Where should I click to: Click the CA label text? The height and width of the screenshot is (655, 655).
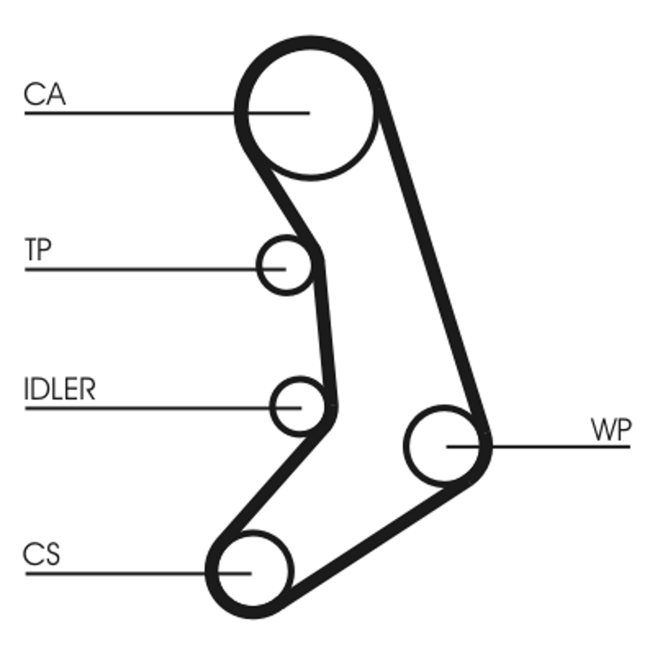click(44, 94)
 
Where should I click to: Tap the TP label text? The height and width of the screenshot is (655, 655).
click(38, 251)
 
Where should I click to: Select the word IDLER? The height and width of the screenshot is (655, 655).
click(60, 390)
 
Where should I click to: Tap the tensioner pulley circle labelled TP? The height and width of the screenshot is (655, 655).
click(284, 266)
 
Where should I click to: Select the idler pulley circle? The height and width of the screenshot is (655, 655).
click(298, 405)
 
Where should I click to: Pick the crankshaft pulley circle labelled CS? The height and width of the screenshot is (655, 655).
click(251, 571)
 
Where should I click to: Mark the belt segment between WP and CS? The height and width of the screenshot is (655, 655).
click(368, 540)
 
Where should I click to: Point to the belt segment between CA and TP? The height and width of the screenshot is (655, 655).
click(278, 196)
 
